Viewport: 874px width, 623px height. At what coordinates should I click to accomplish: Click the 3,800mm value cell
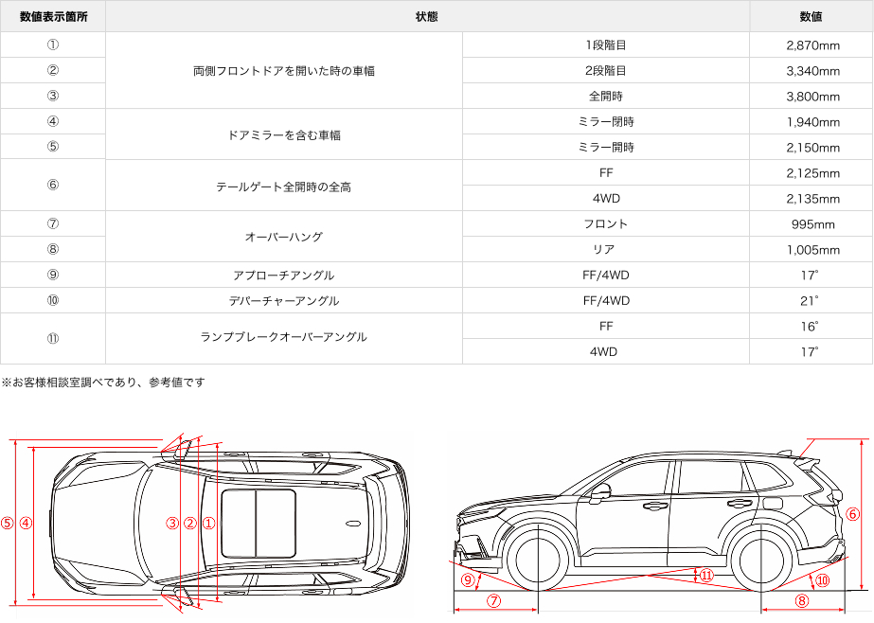pyautogui.click(x=812, y=97)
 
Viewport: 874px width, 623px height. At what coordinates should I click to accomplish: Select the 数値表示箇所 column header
pyautogui.click(x=53, y=17)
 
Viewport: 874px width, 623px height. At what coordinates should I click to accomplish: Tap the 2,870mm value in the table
pyautogui.click(x=812, y=45)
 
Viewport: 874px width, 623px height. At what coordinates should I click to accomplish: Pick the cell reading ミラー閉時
pyautogui.click(x=606, y=122)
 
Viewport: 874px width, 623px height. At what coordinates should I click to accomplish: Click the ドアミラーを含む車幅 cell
pyautogui.click(x=284, y=135)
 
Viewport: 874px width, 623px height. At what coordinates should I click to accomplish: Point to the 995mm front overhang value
pyautogui.click(x=812, y=224)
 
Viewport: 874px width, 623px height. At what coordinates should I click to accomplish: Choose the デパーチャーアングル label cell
pyautogui.click(x=284, y=301)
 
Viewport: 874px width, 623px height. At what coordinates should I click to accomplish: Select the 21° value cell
pyautogui.click(x=812, y=301)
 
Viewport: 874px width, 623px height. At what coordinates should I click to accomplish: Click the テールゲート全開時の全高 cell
pyautogui.click(x=284, y=187)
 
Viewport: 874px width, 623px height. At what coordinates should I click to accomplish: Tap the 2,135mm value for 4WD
pyautogui.click(x=812, y=199)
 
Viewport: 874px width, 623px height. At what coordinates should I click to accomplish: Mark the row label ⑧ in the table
pyautogui.click(x=53, y=250)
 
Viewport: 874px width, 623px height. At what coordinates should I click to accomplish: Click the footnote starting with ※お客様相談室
pyautogui.click(x=103, y=383)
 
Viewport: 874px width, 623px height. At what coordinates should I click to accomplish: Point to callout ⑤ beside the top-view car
pyautogui.click(x=8, y=523)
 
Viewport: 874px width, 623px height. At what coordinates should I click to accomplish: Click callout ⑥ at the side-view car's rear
pyautogui.click(x=852, y=515)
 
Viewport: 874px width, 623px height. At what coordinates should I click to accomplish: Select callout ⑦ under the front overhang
pyautogui.click(x=493, y=600)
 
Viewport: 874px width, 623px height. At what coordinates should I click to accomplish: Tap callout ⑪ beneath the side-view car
pyautogui.click(x=706, y=575)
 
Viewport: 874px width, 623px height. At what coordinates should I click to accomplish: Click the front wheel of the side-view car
pyautogui.click(x=537, y=560)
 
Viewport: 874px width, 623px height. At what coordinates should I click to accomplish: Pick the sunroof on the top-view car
pyautogui.click(x=258, y=523)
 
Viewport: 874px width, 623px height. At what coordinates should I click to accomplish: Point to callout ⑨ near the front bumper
pyautogui.click(x=468, y=579)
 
